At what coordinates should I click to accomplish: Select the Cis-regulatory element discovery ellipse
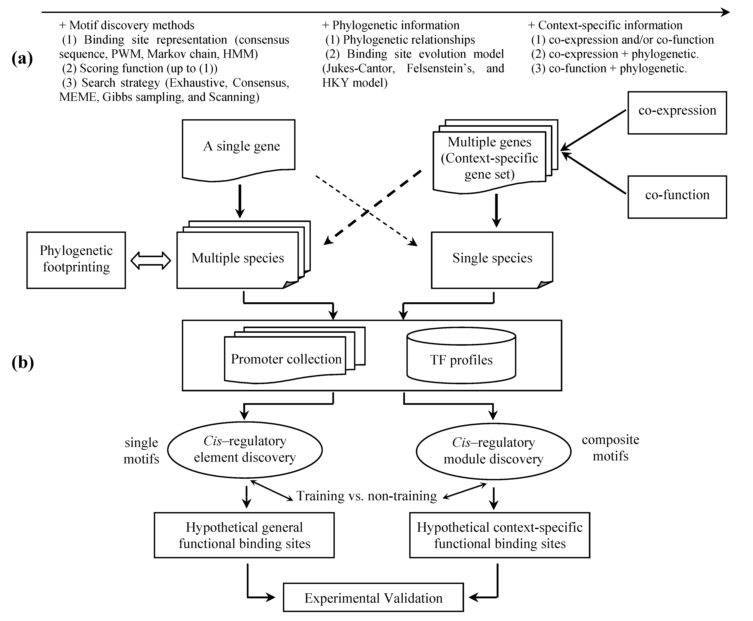point(245,450)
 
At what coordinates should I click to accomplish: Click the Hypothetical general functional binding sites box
point(244,535)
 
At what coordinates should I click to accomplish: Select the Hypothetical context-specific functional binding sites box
point(499,535)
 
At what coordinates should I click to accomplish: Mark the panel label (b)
point(22,363)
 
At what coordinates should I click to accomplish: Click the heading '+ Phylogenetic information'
point(391,25)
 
